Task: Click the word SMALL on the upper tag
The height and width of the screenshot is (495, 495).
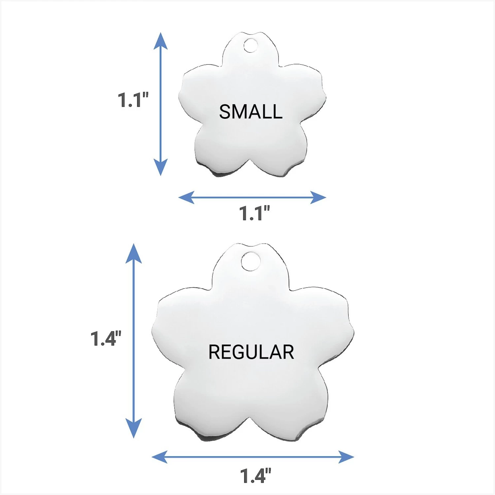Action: coord(251,112)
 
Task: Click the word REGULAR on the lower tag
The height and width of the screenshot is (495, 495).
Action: coord(251,352)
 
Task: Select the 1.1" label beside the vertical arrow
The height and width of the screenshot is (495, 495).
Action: coord(133,100)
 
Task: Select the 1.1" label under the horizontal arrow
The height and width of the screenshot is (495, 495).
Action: coord(254,213)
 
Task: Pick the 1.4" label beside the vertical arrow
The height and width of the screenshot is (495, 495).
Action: coord(106,338)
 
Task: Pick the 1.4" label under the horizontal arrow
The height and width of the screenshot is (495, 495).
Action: coord(255,476)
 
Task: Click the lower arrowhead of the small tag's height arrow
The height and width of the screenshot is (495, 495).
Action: coord(161,167)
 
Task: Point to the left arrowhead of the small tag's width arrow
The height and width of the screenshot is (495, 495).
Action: coord(186,197)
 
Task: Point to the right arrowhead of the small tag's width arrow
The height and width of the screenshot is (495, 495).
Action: coord(318,197)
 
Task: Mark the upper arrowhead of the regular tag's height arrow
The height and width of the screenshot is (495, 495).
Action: coord(134,253)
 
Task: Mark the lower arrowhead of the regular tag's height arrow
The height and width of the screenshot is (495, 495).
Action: coord(134,428)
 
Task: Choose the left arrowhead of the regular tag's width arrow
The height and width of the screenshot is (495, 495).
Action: coord(159,457)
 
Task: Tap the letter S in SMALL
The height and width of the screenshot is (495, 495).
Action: coord(225,112)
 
